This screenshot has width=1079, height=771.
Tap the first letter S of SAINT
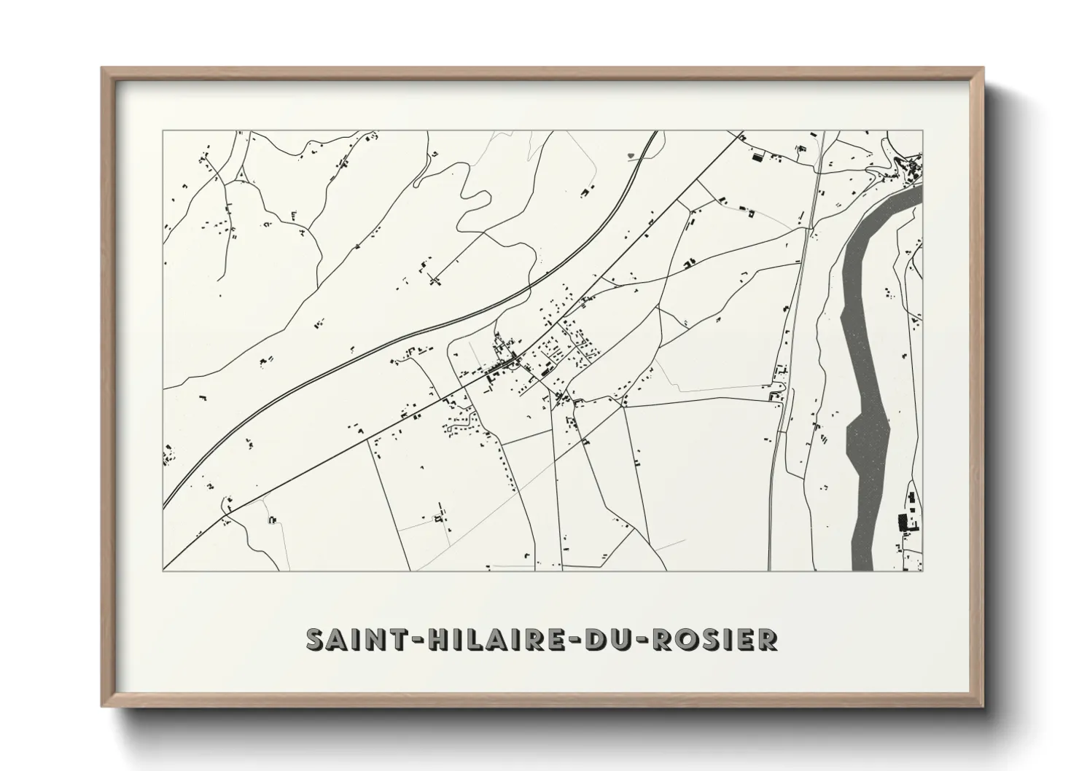pos(315,639)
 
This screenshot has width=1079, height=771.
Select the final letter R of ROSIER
pos(767,639)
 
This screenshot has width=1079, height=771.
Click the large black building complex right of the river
pos(904,522)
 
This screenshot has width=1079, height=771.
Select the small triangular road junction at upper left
pos(238,176)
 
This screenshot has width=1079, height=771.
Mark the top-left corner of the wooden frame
pos(104,69)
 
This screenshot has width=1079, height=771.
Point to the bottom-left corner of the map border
pos(163,571)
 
